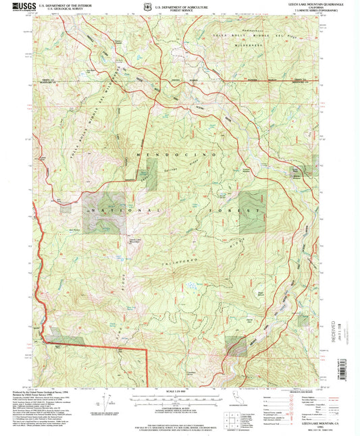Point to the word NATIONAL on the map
click(107, 211)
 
